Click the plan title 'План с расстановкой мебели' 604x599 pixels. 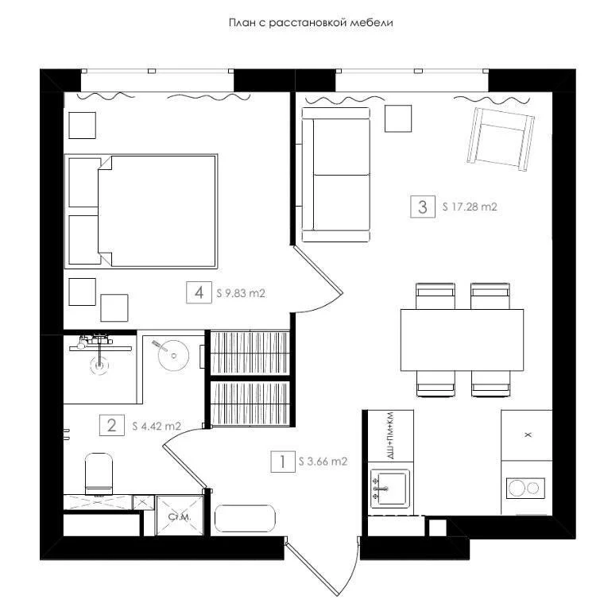pyautogui.click(x=311, y=23)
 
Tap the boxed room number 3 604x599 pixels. pyautogui.click(x=423, y=207)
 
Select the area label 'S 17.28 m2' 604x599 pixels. pyautogui.click(x=470, y=207)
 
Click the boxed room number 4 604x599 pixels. pyautogui.click(x=199, y=292)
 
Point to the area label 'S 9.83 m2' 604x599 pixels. pyautogui.click(x=241, y=293)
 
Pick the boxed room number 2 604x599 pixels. pyautogui.click(x=112, y=425)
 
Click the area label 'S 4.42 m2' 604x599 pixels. pyautogui.click(x=157, y=426)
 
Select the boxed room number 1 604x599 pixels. pyautogui.click(x=283, y=462)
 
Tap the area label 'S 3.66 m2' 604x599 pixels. pyautogui.click(x=323, y=462)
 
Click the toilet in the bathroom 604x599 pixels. pyautogui.click(x=99, y=473)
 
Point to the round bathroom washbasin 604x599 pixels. pyautogui.click(x=173, y=356)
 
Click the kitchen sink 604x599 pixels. pyautogui.click(x=389, y=488)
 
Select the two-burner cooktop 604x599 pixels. pyautogui.click(x=525, y=488)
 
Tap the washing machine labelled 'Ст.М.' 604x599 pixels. pyautogui.click(x=180, y=516)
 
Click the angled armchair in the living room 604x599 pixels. pyautogui.click(x=501, y=139)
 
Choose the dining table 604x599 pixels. pyautogui.click(x=462, y=340)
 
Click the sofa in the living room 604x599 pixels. pyautogui.click(x=335, y=175)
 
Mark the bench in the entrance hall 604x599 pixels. pyautogui.click(x=245, y=519)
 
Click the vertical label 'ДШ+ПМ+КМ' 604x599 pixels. pyautogui.click(x=390, y=435)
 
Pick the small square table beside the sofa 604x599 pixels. pyautogui.click(x=398, y=118)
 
